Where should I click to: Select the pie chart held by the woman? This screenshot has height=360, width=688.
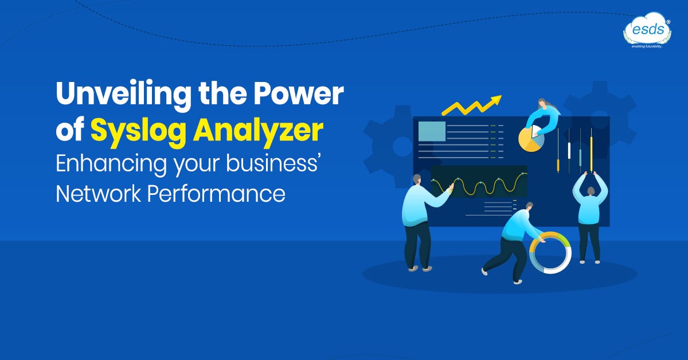531,139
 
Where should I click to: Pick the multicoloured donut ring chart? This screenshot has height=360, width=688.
550,253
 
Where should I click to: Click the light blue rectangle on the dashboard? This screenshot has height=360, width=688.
432,131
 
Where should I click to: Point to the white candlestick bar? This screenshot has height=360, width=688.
569,150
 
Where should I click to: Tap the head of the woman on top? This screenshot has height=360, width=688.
541,104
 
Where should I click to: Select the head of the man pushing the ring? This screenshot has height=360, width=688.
529,206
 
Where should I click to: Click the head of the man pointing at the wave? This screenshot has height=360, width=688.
416,179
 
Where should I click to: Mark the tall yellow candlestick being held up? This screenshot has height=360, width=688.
591,152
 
